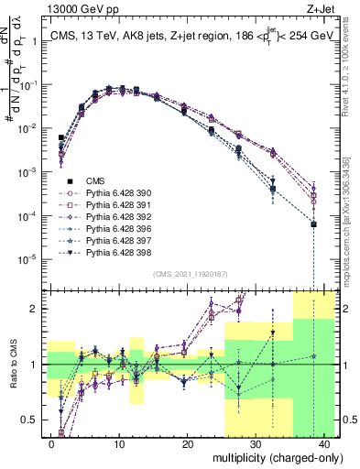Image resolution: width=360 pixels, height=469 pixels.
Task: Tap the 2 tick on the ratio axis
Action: (34, 309)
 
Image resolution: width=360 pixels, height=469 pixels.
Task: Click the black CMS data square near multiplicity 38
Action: (313, 224)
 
